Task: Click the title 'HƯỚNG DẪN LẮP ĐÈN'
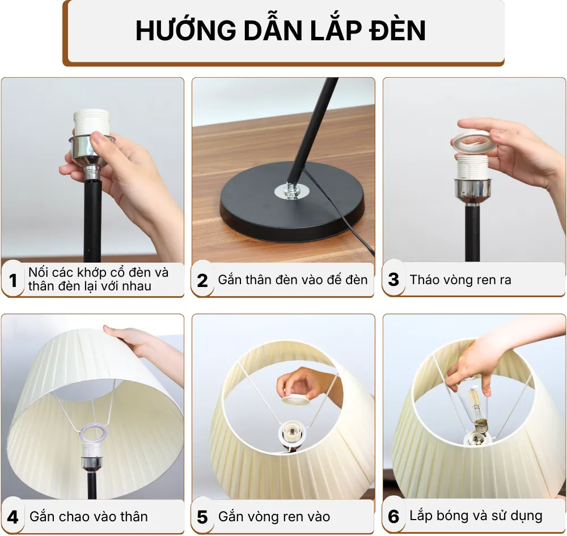coord(281,31)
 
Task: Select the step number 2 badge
coord(203,280)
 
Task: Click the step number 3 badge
coord(394,280)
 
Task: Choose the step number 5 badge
coord(203,517)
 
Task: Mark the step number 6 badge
coord(394,517)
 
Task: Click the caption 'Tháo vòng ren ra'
coord(460,280)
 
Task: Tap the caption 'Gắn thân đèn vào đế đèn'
coord(293,280)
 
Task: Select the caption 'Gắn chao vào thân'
coord(88,517)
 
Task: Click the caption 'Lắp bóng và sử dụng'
coord(476,516)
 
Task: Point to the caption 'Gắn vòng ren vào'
coord(274,517)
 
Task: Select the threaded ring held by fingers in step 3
coord(473,142)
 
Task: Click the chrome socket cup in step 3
coord(472,190)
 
